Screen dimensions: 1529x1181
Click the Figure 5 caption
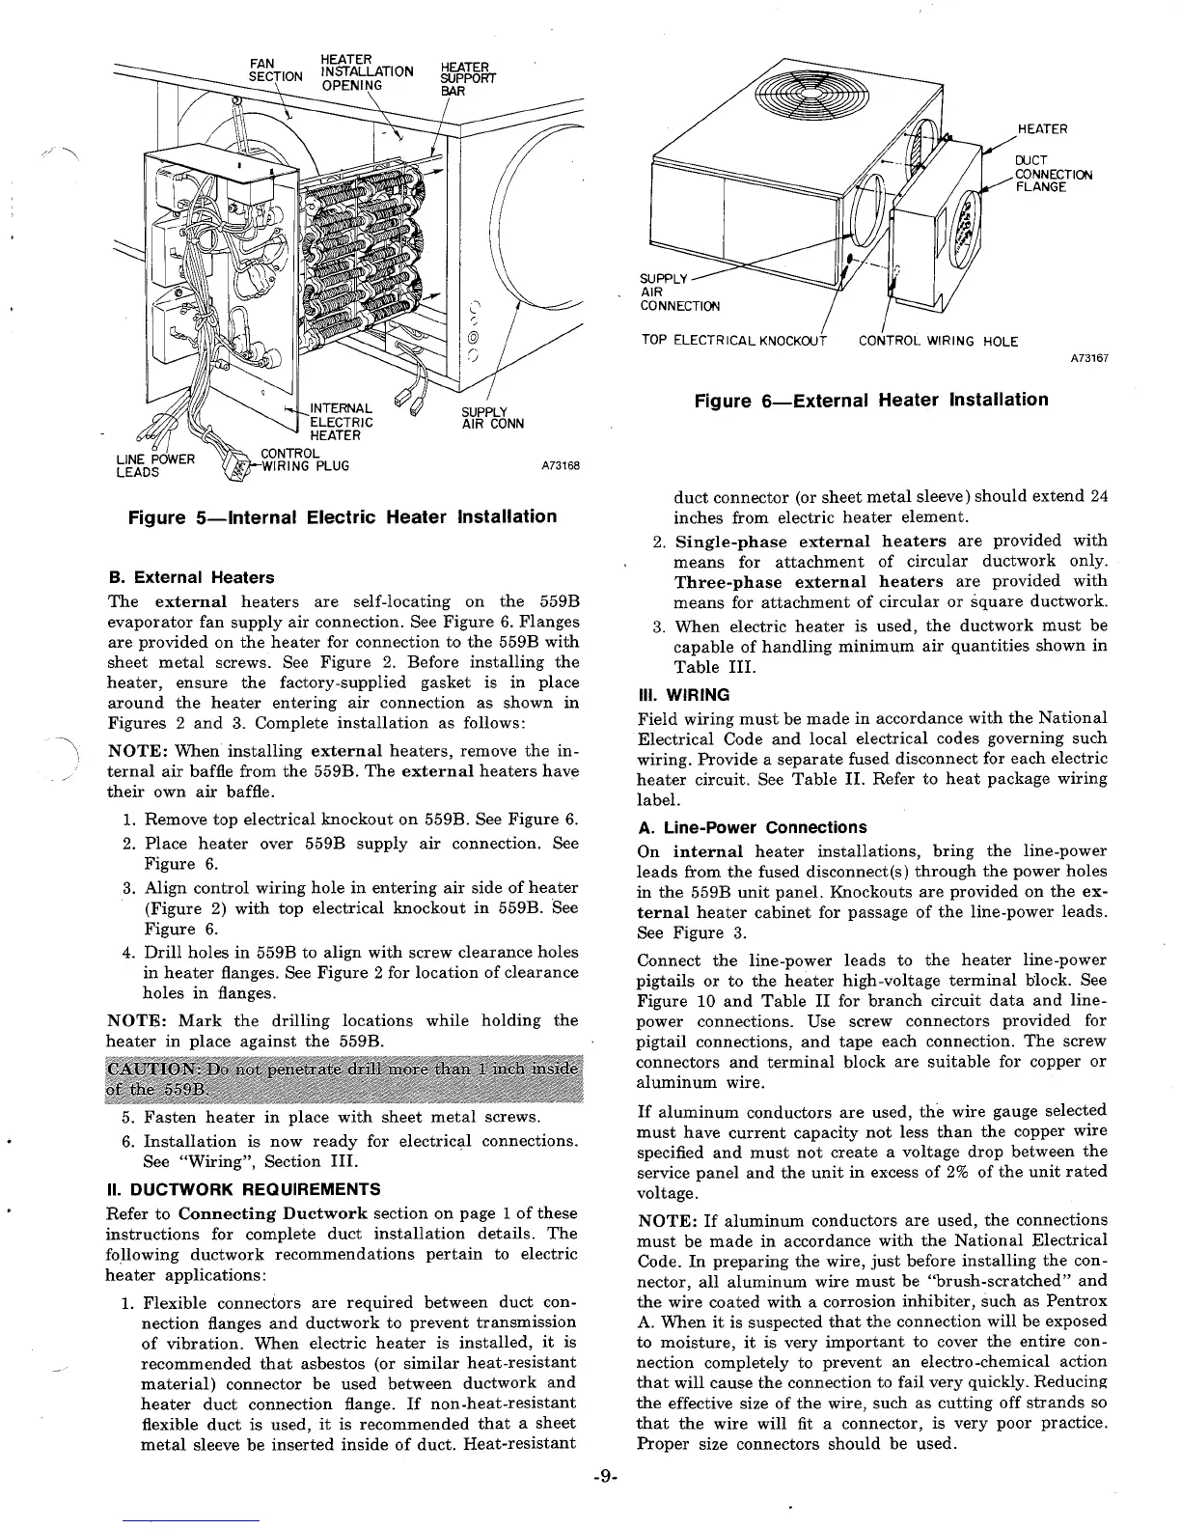[343, 516]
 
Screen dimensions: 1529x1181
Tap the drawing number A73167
[1089, 358]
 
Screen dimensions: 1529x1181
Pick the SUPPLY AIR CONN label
[493, 418]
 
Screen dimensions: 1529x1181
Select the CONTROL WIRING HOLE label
[938, 341]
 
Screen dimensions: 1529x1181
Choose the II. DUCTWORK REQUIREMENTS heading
[243, 1188]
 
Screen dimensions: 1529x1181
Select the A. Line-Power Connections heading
[753, 827]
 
